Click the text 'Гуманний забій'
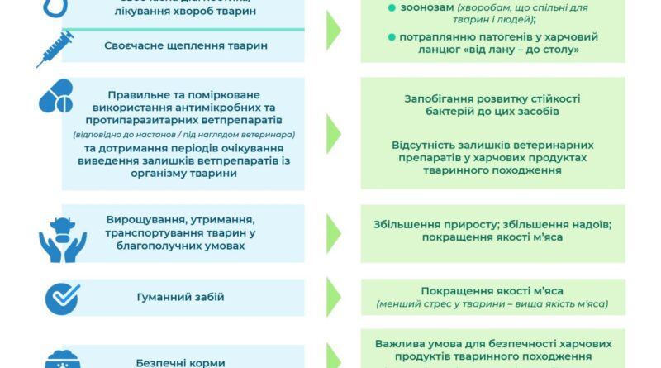[187, 297]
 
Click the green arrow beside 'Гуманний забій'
[333, 297]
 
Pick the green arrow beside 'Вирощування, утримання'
[333, 233]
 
